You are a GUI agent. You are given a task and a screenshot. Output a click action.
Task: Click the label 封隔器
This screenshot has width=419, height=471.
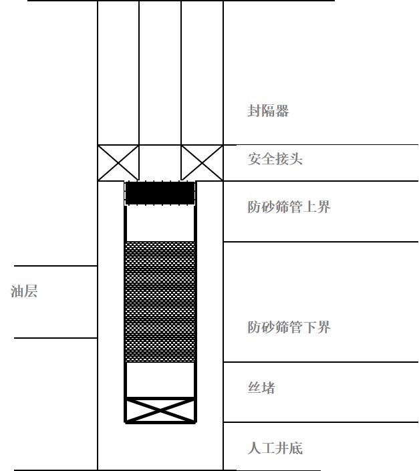pyautogui.click(x=268, y=110)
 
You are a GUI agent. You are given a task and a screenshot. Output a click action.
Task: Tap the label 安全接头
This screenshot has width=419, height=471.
pyautogui.click(x=275, y=158)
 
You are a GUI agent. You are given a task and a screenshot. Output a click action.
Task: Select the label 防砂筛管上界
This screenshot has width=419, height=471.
pyautogui.click(x=289, y=206)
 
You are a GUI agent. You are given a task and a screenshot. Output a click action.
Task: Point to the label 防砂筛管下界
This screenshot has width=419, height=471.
pyautogui.click(x=289, y=327)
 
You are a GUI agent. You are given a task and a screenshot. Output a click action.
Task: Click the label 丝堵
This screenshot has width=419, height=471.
pyautogui.click(x=261, y=387)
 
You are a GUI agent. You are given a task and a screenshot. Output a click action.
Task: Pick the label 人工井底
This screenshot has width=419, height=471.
pyautogui.click(x=275, y=448)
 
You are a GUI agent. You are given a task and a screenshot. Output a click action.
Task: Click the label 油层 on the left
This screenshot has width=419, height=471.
pyautogui.click(x=24, y=291)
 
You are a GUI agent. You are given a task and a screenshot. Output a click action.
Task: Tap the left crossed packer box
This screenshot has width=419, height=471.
pyautogui.click(x=118, y=163)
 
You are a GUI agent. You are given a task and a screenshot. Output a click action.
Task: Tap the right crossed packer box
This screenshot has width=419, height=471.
pyautogui.click(x=202, y=163)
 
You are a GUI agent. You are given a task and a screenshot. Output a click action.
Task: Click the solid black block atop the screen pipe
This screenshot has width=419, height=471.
pyautogui.click(x=160, y=193)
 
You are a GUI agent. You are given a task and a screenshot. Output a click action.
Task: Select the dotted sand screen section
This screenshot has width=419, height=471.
pyautogui.click(x=160, y=301)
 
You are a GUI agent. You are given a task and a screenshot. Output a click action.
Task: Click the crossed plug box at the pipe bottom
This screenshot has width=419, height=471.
pyautogui.click(x=160, y=410)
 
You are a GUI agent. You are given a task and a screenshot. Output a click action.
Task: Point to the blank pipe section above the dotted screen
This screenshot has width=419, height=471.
pyautogui.click(x=160, y=223)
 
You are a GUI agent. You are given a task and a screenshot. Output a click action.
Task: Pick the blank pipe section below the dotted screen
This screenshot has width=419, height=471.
pyautogui.click(x=160, y=379)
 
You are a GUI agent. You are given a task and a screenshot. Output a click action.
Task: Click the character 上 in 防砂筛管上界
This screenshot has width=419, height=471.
pyautogui.click(x=309, y=206)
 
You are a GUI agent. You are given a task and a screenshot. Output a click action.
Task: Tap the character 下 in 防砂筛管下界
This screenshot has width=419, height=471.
pyautogui.click(x=309, y=327)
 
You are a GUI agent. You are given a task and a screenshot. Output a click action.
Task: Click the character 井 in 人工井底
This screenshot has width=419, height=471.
pyautogui.click(x=282, y=448)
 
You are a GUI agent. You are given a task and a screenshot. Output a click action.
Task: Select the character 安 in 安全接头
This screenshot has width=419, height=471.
pyautogui.click(x=254, y=158)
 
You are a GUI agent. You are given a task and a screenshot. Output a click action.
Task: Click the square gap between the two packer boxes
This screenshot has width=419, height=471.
pyautogui.click(x=160, y=163)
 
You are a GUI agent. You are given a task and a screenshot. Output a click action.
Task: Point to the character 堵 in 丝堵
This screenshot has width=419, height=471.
pyautogui.click(x=268, y=387)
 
